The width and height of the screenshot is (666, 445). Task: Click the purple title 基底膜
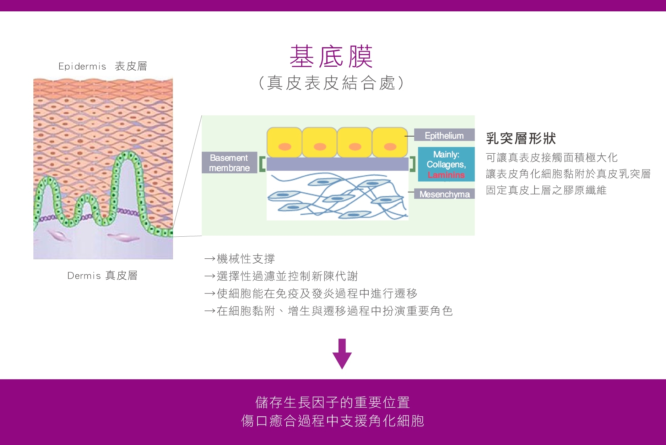point(331,56)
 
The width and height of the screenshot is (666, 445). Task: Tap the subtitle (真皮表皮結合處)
point(331,83)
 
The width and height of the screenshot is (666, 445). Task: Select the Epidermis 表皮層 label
point(103,66)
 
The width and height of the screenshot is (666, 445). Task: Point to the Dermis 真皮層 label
point(102,275)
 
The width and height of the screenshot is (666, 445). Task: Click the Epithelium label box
point(444,135)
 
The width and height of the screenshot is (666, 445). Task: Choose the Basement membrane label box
point(229,163)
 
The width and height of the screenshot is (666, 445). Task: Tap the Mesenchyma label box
point(444,194)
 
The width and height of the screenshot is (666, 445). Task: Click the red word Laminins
point(446,175)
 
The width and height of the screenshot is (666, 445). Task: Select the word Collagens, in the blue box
point(446,165)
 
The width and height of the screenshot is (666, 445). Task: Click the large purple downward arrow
point(342,353)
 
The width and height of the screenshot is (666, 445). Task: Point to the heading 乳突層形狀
point(521,138)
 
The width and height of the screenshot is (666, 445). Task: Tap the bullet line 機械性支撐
point(240,259)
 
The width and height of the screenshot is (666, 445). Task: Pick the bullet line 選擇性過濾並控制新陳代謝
point(281,276)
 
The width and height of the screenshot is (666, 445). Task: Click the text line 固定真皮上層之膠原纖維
point(546,190)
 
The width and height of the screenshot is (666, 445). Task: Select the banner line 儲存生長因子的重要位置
point(332,402)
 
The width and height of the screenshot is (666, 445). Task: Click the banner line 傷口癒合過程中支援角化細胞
point(332,421)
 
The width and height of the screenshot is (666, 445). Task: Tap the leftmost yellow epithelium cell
point(284,142)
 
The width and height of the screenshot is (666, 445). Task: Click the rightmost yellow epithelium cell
point(390,142)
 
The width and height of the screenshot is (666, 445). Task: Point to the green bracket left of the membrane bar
point(262,164)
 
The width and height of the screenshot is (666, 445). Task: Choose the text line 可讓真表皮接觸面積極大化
point(552,158)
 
